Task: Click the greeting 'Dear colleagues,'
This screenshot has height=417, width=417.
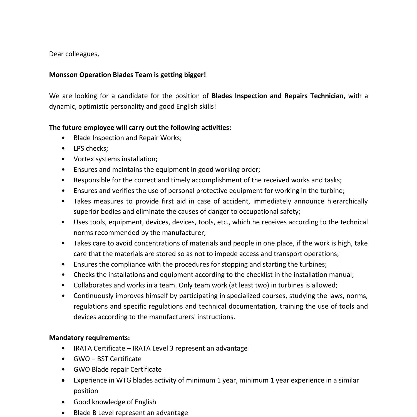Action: pyautogui.click(x=74, y=54)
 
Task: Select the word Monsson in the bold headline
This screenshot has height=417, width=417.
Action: pyautogui.click(x=63, y=75)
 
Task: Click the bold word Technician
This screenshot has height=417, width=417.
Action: pyautogui.click(x=327, y=96)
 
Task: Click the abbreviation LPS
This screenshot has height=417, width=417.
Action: pyautogui.click(x=79, y=148)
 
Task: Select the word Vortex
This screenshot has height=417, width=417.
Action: pyautogui.click(x=83, y=159)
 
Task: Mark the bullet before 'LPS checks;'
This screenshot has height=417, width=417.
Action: pyautogui.click(x=63, y=148)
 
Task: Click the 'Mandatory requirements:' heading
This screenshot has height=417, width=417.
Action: pyautogui.click(x=89, y=338)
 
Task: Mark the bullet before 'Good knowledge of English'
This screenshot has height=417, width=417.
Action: pyautogui.click(x=63, y=402)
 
